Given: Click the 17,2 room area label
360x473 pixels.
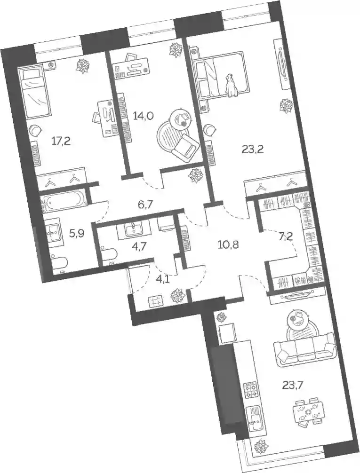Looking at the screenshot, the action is click(61, 141).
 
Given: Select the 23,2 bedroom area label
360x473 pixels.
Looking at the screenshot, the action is click(253, 149).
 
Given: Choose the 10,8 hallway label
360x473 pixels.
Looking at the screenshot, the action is click(228, 244).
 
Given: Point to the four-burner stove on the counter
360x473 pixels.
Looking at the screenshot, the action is click(251, 390).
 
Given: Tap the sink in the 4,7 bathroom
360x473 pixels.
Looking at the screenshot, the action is click(133, 229).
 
